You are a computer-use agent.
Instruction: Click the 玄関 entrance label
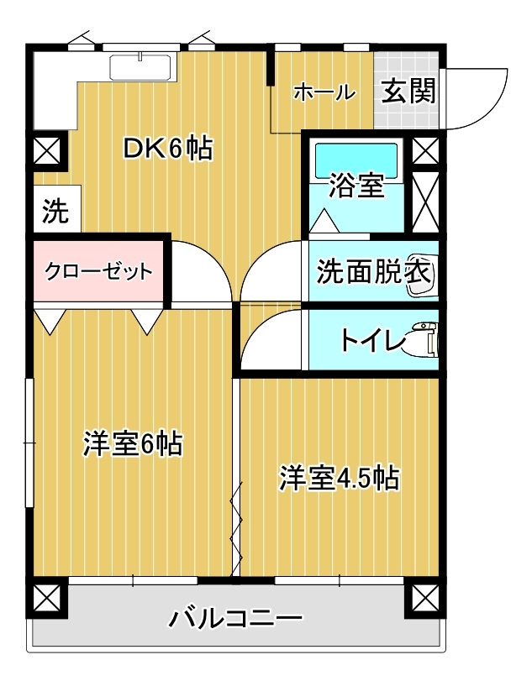tap(408, 92)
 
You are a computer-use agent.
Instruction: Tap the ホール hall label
tap(324, 92)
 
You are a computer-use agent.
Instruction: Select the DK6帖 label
tap(168, 149)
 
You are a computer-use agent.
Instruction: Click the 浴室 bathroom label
tap(356, 186)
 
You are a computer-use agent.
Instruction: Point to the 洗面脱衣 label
tap(374, 271)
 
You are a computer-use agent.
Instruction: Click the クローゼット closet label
tap(98, 272)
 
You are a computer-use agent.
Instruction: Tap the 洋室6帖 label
tap(133, 444)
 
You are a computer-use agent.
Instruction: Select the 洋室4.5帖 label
tap(339, 479)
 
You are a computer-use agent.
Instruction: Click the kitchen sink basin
tap(140, 67)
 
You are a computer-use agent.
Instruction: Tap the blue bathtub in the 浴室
tap(356, 160)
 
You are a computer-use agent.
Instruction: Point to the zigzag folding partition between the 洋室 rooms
tap(236, 531)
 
